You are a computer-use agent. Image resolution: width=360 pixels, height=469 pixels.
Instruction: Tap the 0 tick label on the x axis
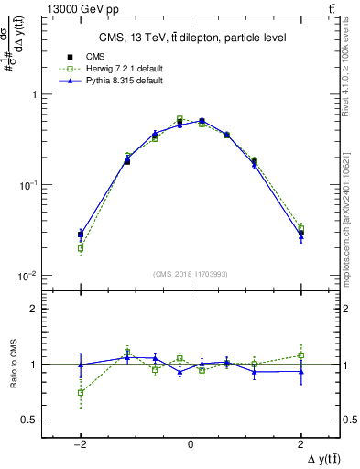(x=190, y=444)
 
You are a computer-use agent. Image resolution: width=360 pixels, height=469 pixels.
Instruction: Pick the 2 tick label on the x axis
(x=300, y=444)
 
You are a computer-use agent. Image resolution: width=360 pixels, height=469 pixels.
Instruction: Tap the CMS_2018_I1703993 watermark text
(x=190, y=274)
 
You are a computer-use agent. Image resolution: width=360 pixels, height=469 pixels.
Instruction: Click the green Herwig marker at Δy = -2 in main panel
(x=81, y=247)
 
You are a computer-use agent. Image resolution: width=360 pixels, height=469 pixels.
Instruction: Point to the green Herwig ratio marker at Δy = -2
(x=81, y=392)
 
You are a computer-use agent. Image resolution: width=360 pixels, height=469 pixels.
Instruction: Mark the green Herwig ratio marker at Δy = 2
(x=300, y=355)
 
